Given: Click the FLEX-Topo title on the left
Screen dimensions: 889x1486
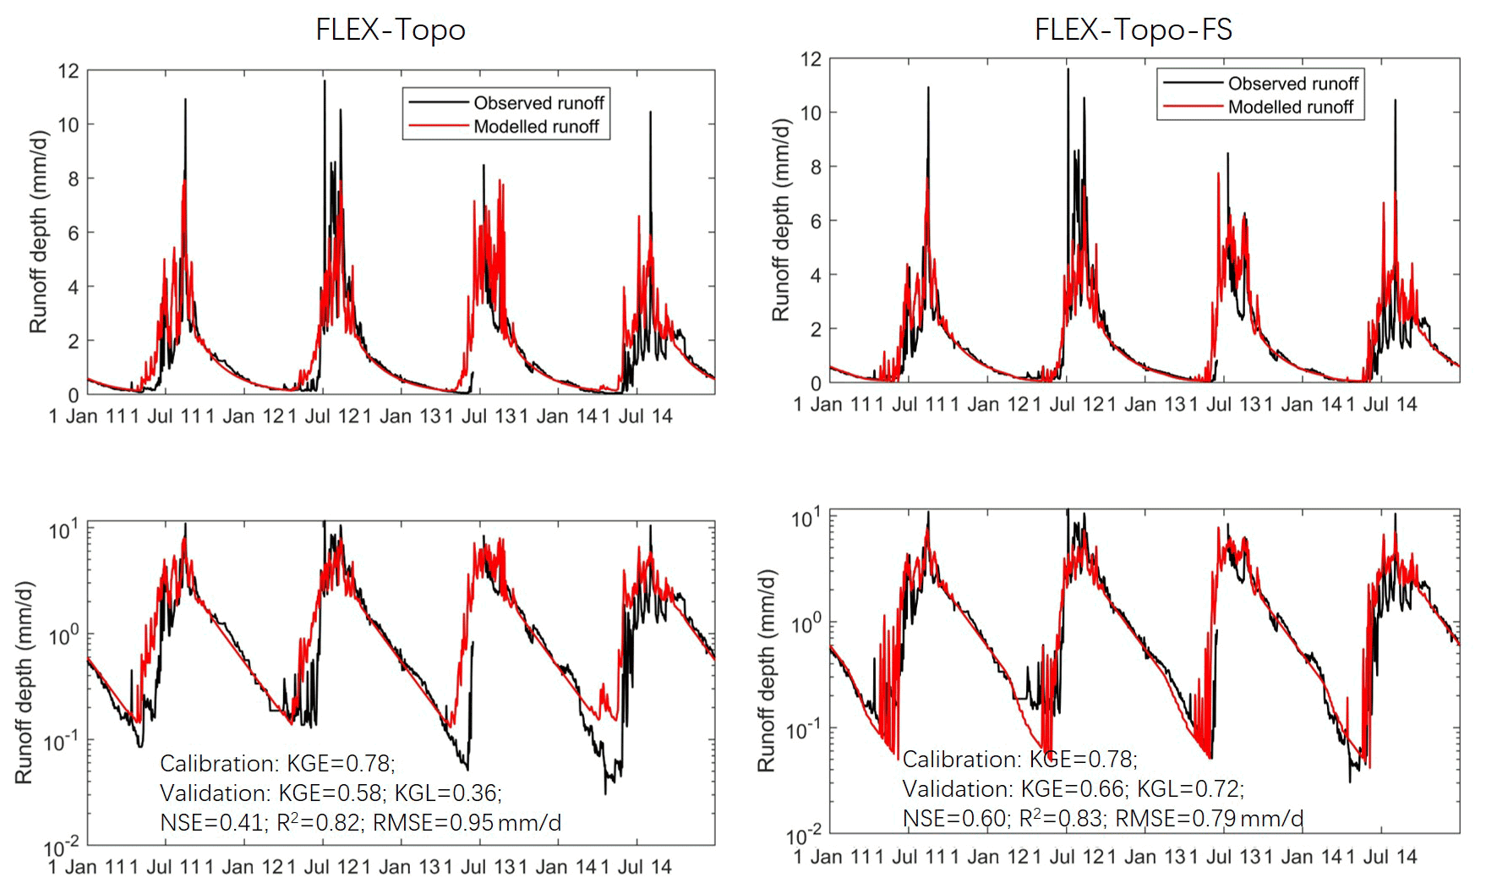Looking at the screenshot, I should [x=391, y=30].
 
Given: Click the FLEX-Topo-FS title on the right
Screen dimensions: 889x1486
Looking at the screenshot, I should [x=1134, y=30].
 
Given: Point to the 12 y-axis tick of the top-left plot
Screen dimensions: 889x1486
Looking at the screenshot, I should [x=68, y=71].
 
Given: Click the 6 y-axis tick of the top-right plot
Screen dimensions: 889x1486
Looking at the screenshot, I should [x=816, y=221].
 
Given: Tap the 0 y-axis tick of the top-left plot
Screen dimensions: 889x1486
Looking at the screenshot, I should [x=74, y=395].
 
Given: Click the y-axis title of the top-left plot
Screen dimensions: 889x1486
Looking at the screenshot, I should [x=38, y=232].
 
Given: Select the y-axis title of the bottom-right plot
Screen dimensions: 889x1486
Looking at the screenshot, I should [x=766, y=670].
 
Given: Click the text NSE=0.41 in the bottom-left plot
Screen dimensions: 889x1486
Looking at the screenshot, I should [x=211, y=822].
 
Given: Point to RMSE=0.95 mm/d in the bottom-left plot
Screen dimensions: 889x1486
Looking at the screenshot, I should [x=467, y=822].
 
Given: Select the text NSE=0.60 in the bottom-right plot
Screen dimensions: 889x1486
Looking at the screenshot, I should [x=955, y=818].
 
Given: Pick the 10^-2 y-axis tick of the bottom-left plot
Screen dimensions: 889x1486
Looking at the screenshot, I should [x=61, y=847].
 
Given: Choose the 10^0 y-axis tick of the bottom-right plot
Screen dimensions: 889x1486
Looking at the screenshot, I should [x=806, y=625].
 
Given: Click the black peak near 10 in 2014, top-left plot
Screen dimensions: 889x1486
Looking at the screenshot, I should [x=650, y=113].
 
